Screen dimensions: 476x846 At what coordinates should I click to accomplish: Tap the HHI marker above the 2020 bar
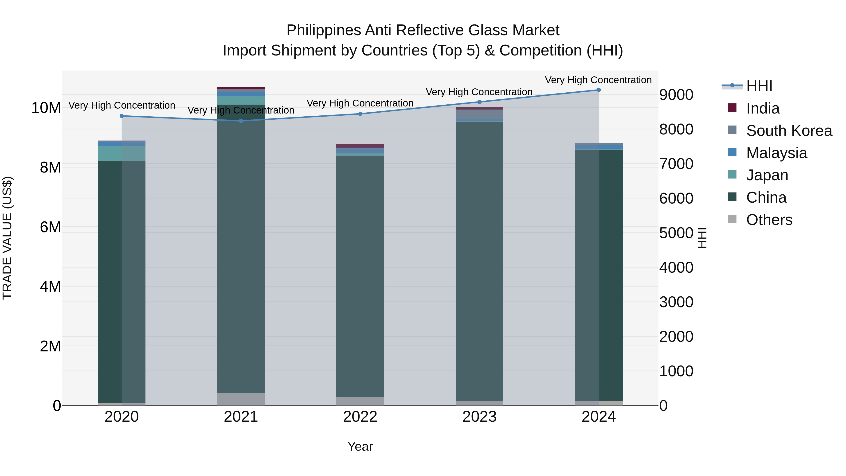pyautogui.click(x=121, y=116)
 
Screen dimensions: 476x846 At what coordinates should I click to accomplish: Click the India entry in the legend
pyautogui.click(x=763, y=108)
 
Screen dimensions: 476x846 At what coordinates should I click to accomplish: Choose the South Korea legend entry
pyautogui.click(x=789, y=131)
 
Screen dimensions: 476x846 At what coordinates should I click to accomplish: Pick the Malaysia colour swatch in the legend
pyautogui.click(x=732, y=152)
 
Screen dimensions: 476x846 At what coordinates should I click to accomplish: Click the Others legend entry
pyautogui.click(x=769, y=220)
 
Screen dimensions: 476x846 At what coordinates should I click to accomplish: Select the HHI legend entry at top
pyautogui.click(x=759, y=86)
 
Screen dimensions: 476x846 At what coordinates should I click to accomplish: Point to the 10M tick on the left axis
pyautogui.click(x=46, y=108)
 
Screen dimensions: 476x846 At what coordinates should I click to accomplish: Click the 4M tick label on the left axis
pyautogui.click(x=50, y=287)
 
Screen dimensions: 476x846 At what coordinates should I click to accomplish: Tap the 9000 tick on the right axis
pyautogui.click(x=676, y=95)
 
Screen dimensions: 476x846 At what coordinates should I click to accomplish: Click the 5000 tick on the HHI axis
pyautogui.click(x=676, y=233)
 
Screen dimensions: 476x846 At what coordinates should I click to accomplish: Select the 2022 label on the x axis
pyautogui.click(x=360, y=417)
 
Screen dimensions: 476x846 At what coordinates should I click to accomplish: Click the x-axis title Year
pyautogui.click(x=360, y=446)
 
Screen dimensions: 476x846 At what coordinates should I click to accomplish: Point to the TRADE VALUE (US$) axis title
pyautogui.click(x=7, y=238)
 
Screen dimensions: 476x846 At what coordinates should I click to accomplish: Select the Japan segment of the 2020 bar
pyautogui.click(x=121, y=153)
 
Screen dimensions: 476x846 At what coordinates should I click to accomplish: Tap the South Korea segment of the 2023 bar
pyautogui.click(x=479, y=114)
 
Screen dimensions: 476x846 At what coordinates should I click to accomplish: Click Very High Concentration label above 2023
pyautogui.click(x=479, y=92)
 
